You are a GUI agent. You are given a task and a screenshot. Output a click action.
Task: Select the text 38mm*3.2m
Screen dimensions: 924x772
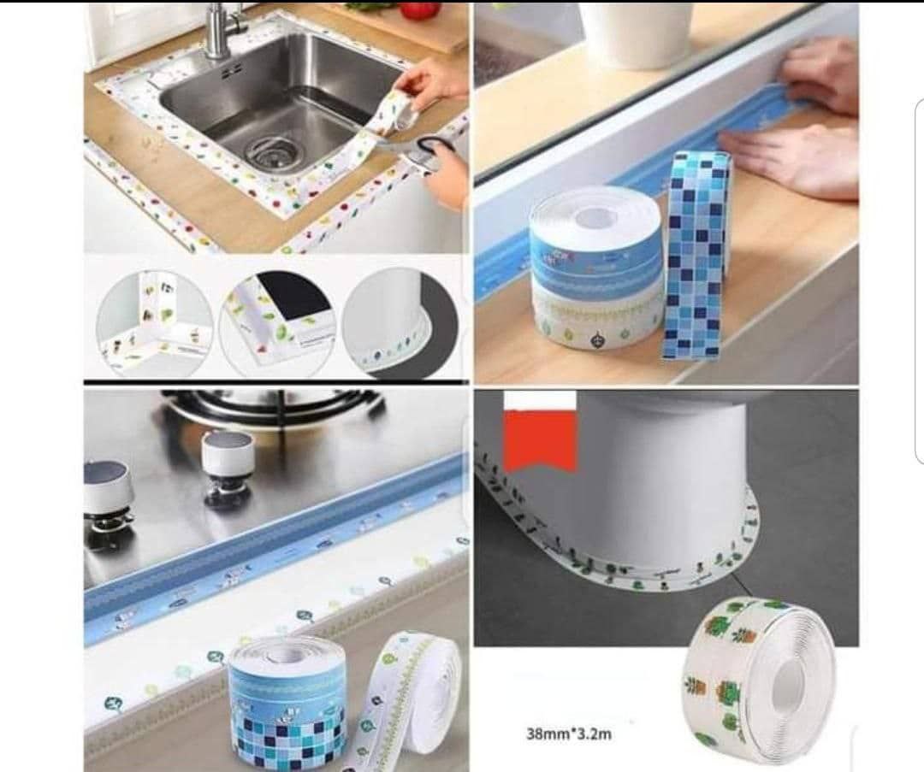[568, 734]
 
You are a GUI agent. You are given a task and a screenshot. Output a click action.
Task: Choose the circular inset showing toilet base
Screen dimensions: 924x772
[400, 322]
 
